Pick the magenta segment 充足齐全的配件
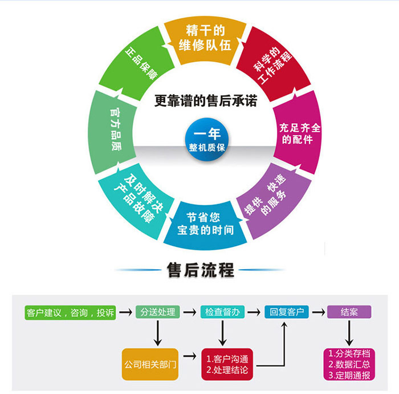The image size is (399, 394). (x=298, y=133)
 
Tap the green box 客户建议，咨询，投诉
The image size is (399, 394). (x=70, y=312)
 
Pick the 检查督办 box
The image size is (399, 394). (x=223, y=312)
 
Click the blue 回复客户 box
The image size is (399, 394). (x=286, y=312)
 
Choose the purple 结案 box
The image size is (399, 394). (x=349, y=312)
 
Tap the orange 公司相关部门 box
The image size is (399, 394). (x=150, y=363)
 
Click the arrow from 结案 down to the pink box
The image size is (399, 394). (x=349, y=332)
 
